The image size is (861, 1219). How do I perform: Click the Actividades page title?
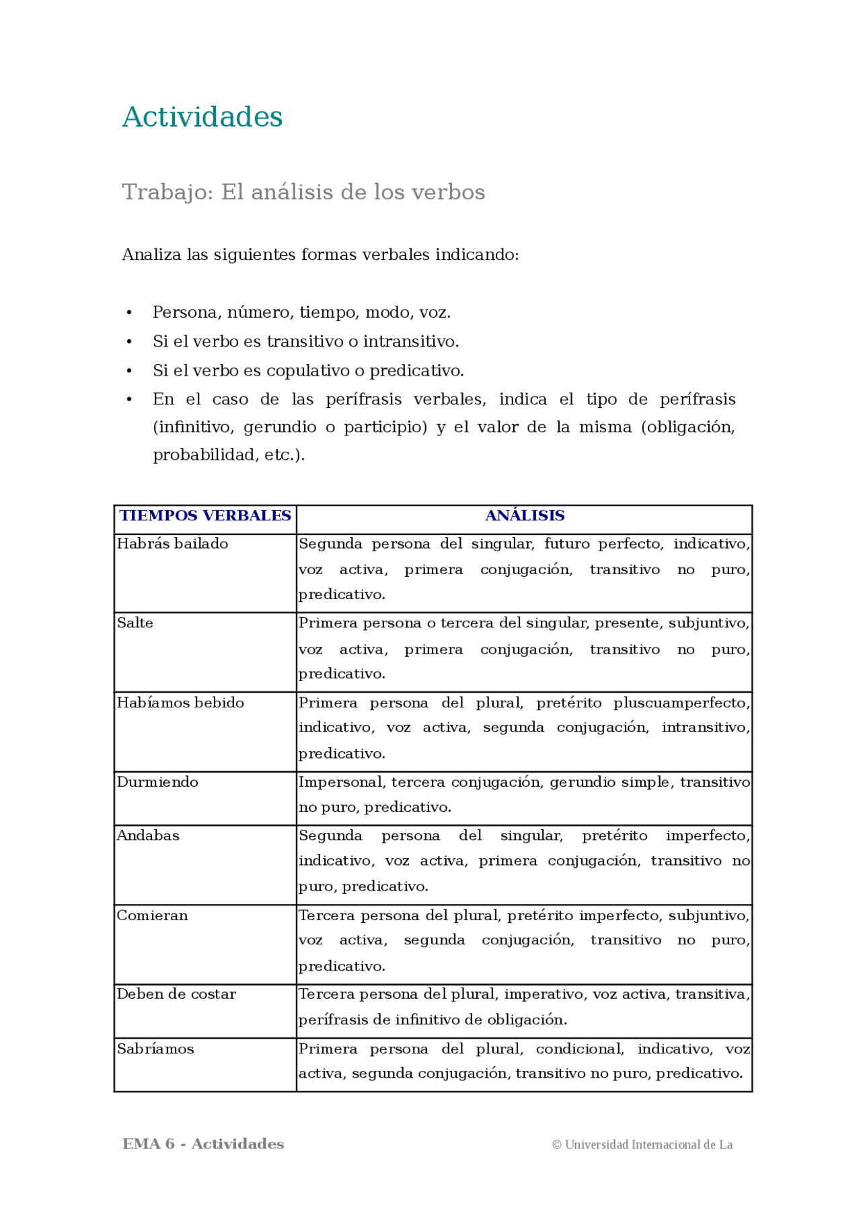[202, 117]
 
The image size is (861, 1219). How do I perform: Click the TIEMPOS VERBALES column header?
[205, 516]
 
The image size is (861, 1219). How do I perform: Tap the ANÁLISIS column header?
[524, 516]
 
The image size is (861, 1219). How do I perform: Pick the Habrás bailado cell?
[172, 544]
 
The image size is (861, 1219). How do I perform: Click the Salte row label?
[135, 623]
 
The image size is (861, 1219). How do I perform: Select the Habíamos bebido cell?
[180, 703]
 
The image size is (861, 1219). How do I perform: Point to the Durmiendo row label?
[157, 782]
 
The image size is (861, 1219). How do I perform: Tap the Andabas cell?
[148, 836]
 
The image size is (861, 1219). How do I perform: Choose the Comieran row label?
[152, 915]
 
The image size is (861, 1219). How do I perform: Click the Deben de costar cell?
[176, 994]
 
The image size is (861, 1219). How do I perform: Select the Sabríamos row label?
[155, 1049]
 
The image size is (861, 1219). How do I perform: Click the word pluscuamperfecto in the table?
[681, 703]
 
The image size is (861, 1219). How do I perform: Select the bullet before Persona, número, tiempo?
[129, 313]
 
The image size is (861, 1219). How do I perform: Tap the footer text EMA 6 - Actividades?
[203, 1144]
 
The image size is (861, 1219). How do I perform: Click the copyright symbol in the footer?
[556, 1145]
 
